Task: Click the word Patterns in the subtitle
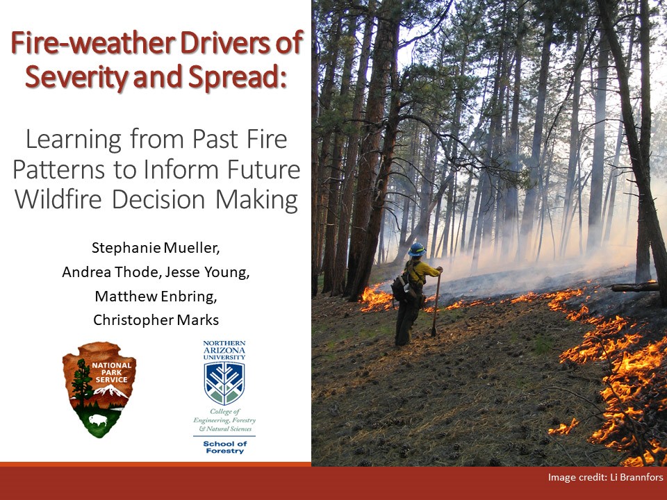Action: [58, 169]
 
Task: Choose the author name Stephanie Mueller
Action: [156, 248]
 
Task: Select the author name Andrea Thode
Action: [110, 272]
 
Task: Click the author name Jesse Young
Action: [207, 272]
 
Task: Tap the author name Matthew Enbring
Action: [156, 297]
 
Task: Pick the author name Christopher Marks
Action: [156, 319]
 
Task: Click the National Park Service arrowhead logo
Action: [99, 389]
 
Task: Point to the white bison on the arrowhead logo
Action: [98, 420]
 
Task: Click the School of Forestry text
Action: [224, 447]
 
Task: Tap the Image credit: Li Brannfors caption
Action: [605, 477]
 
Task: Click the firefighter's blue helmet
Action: [416, 249]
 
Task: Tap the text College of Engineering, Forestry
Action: [224, 416]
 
